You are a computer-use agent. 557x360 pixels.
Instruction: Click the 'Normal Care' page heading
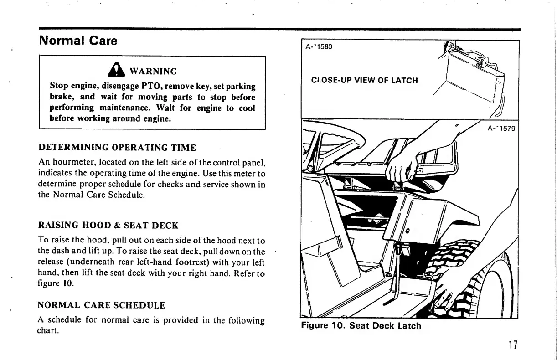point(78,41)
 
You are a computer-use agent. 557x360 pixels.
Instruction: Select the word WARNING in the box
point(153,71)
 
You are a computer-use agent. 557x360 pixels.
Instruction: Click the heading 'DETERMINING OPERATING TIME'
point(117,148)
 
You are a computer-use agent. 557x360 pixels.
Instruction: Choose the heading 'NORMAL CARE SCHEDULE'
point(101,304)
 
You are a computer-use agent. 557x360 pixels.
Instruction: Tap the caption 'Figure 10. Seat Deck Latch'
point(361,325)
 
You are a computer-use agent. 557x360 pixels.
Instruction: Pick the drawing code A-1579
point(500,129)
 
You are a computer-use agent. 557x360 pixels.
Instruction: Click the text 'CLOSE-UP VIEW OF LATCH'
point(364,81)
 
